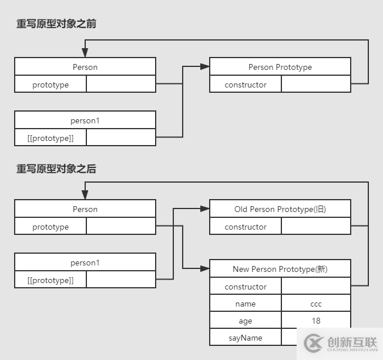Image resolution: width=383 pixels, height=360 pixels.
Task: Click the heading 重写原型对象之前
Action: tap(56, 24)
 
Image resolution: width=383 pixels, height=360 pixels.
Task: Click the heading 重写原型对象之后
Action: tap(56, 169)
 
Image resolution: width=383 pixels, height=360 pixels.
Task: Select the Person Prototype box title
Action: tap(280, 67)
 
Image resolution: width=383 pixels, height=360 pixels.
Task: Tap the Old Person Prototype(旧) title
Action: tap(280, 209)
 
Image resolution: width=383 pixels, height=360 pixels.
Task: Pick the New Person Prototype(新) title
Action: tap(280, 269)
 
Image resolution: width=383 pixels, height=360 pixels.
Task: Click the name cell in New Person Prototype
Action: tap(246, 304)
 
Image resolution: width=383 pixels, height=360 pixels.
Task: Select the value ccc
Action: tap(316, 304)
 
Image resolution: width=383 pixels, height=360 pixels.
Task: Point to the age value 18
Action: tap(316, 321)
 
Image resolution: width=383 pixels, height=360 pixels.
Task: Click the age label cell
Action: tap(246, 321)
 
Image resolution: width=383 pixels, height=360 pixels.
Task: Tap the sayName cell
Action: tap(246, 338)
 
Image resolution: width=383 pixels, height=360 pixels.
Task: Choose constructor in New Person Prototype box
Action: tap(246, 287)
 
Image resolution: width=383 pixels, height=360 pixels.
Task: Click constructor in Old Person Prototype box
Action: tap(246, 227)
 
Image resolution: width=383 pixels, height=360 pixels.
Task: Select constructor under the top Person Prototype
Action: tap(246, 85)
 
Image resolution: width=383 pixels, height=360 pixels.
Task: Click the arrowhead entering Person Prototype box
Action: tap(205, 67)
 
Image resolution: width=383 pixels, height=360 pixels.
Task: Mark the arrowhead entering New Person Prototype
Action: tap(205, 269)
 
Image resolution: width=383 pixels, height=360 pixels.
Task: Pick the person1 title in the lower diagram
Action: tap(85, 263)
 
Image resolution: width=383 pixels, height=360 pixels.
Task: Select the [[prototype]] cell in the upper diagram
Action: tap(51, 138)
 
